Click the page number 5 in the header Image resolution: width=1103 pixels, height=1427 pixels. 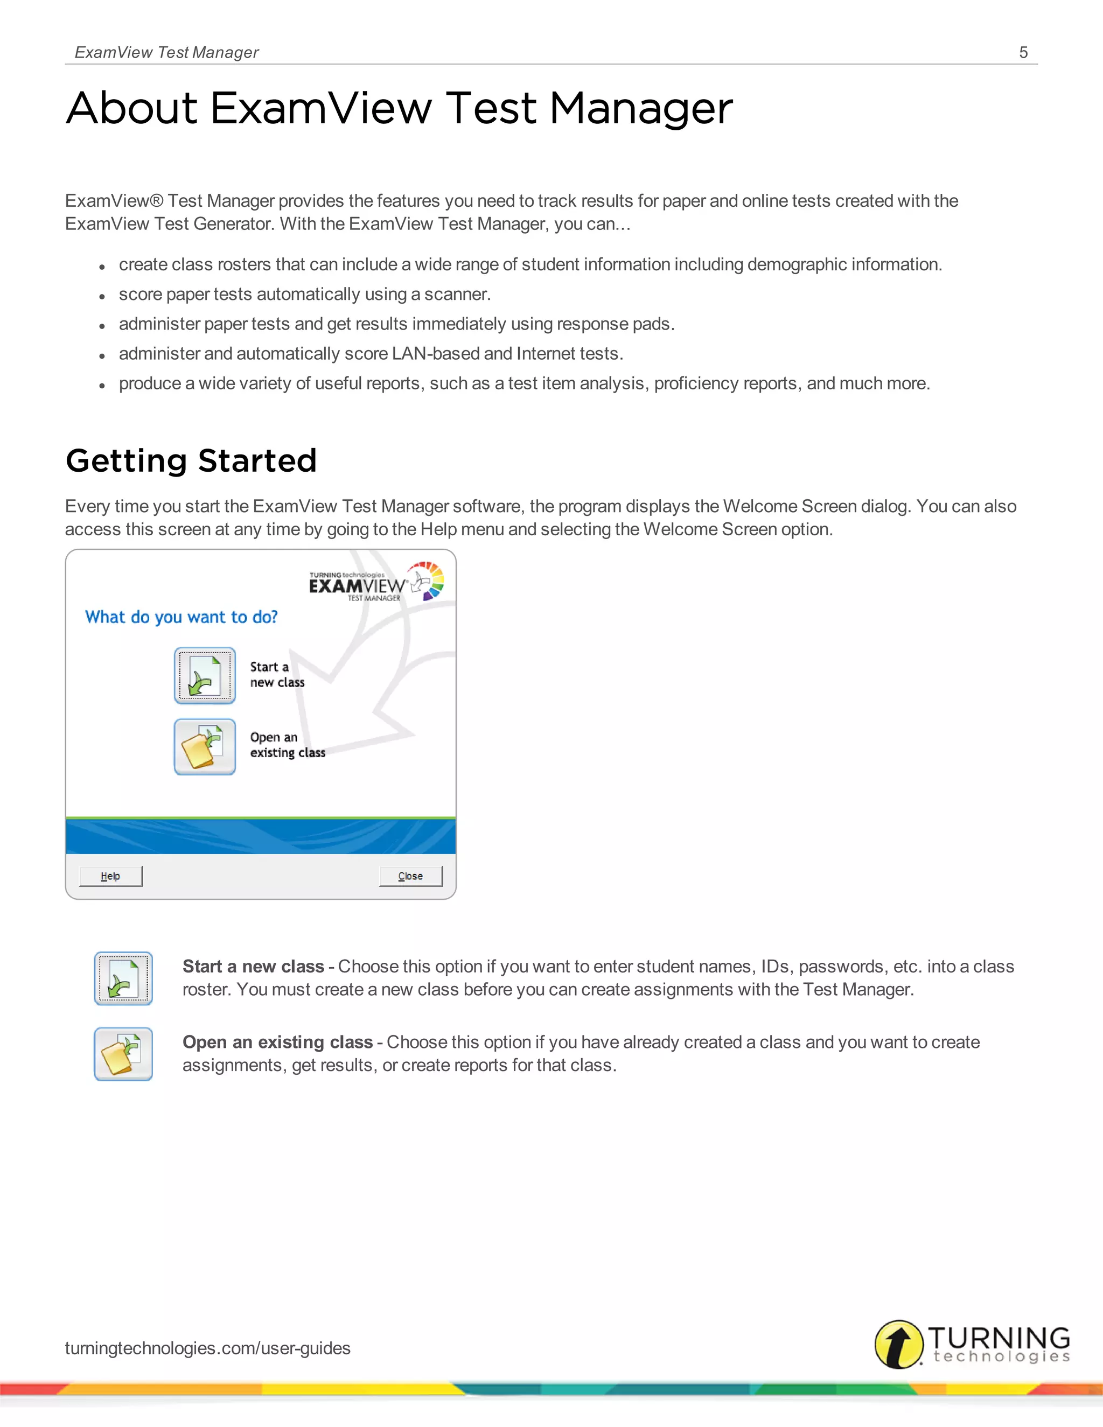tap(1023, 52)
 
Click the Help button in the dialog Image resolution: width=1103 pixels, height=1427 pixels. tap(110, 876)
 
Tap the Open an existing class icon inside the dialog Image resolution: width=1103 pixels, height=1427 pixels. tap(205, 746)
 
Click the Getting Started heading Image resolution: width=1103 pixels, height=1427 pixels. tap(191, 460)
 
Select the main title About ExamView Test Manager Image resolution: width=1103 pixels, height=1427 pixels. tap(399, 108)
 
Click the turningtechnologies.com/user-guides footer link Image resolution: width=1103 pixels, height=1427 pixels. tap(207, 1348)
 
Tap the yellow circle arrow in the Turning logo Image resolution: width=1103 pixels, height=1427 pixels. tap(899, 1344)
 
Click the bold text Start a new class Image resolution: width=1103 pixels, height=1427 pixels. tap(253, 967)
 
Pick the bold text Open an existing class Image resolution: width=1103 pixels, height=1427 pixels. tap(277, 1042)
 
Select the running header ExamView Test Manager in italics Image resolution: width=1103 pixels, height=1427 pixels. tap(166, 52)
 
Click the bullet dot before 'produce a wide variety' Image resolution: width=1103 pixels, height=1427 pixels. tap(102, 386)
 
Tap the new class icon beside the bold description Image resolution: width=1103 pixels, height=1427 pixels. tap(123, 978)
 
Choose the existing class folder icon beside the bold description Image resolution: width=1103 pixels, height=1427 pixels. tap(123, 1054)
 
